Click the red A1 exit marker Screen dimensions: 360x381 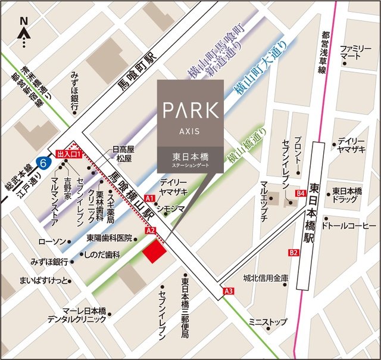(150, 197)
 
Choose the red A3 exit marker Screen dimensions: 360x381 (229, 290)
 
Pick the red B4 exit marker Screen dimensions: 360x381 (301, 193)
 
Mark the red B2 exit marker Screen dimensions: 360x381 (293, 253)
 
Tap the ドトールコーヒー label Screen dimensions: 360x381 (348, 226)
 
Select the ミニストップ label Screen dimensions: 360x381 (268, 322)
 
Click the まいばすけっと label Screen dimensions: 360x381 (45, 279)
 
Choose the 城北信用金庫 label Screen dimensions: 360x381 (266, 278)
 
